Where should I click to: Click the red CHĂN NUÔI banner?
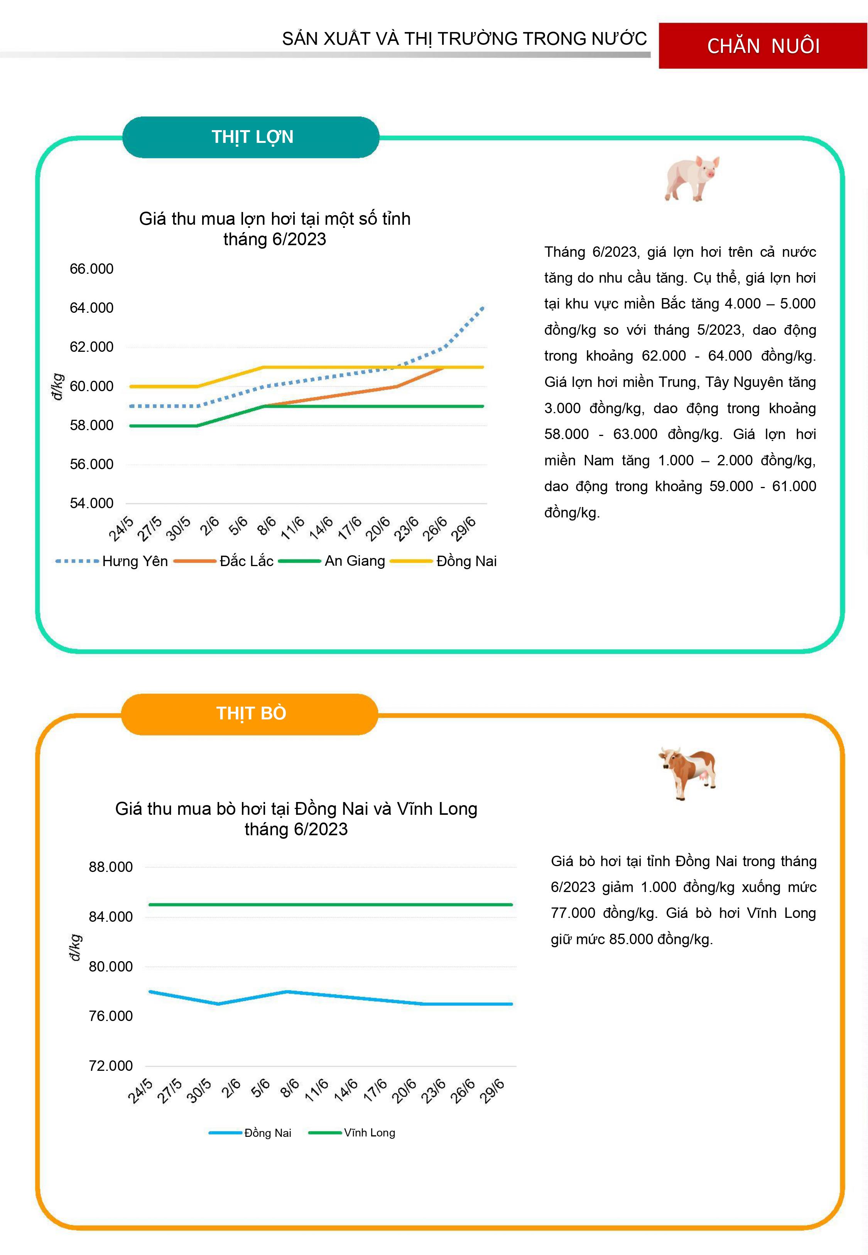pyautogui.click(x=763, y=46)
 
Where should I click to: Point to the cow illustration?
pyautogui.click(x=687, y=772)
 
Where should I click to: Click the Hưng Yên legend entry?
pyautogui.click(x=112, y=561)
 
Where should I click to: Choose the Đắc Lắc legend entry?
pyautogui.click(x=223, y=561)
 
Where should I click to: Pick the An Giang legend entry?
pyautogui.click(x=332, y=561)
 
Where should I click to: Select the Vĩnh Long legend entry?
pyautogui.click(x=352, y=1133)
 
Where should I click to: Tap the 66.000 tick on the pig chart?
pyautogui.click(x=91, y=269)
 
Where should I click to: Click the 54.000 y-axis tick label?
pyautogui.click(x=91, y=504)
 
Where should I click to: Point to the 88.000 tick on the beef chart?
pyautogui.click(x=110, y=867)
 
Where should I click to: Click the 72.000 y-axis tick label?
pyautogui.click(x=110, y=1066)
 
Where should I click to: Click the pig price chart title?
pyautogui.click(x=275, y=229)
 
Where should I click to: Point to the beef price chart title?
pyautogui.click(x=296, y=819)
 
